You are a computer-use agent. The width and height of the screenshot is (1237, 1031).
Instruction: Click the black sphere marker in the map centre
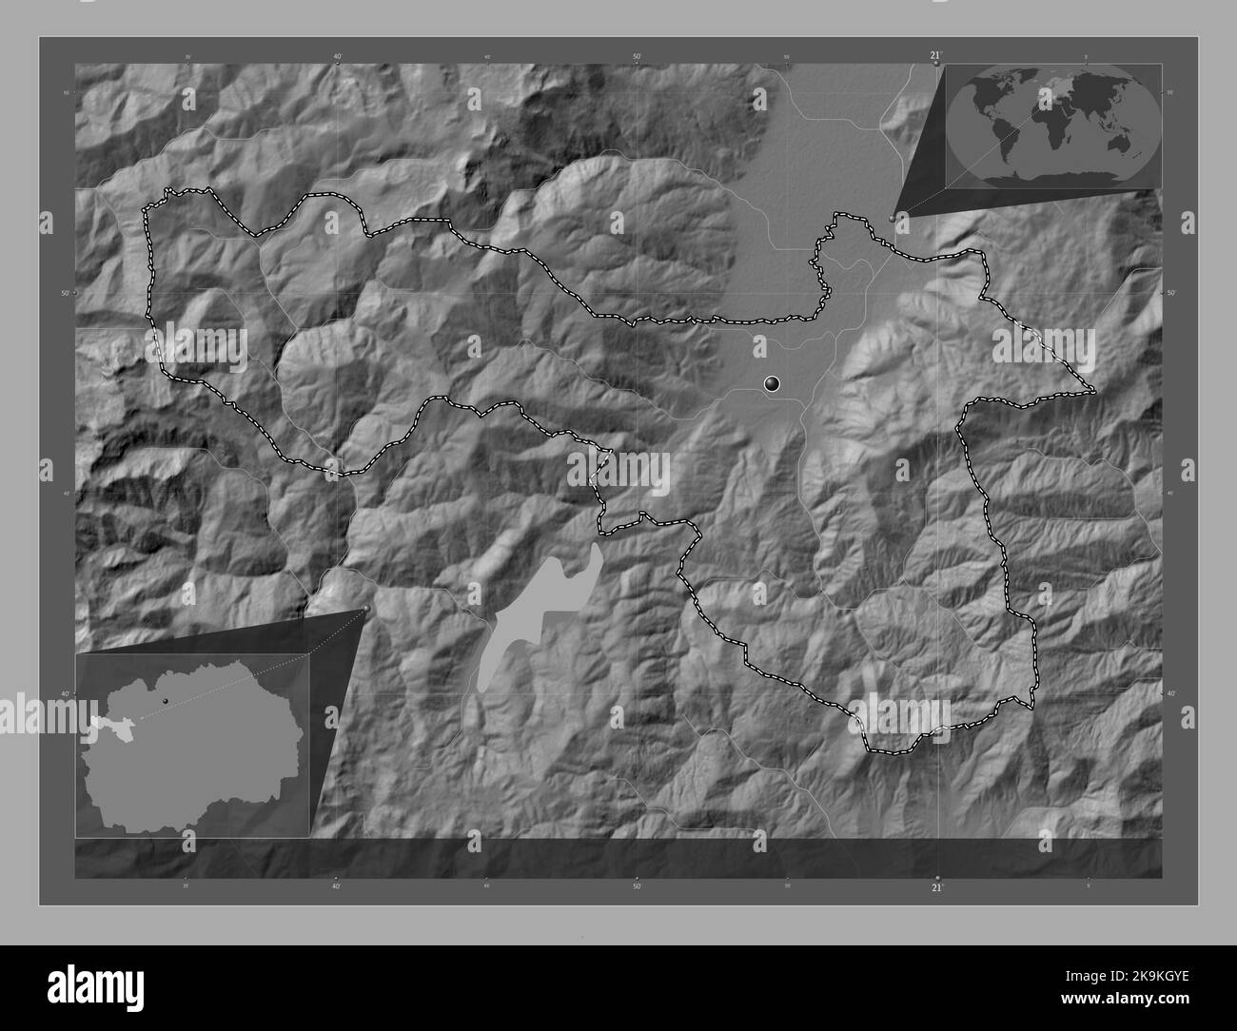773,384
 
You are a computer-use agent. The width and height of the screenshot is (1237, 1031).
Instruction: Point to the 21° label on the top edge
936,57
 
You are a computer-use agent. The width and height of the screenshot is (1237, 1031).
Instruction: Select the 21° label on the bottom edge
936,887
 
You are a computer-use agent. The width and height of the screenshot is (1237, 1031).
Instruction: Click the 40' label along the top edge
338,57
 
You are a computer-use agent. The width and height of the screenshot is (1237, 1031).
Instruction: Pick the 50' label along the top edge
637,57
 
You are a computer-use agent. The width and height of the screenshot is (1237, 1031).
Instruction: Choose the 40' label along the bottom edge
337,887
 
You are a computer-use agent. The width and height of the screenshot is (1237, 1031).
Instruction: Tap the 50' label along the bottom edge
637,887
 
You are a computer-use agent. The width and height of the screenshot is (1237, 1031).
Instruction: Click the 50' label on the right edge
1171,293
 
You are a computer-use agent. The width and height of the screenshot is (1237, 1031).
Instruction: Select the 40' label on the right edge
1171,694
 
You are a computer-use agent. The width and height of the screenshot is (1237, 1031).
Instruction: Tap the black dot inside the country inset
165,701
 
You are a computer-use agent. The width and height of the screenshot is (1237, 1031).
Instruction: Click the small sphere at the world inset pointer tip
892,218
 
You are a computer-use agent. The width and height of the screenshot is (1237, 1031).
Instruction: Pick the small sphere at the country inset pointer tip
366,610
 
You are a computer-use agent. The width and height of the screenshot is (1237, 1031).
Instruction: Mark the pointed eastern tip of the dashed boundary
1094,391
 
